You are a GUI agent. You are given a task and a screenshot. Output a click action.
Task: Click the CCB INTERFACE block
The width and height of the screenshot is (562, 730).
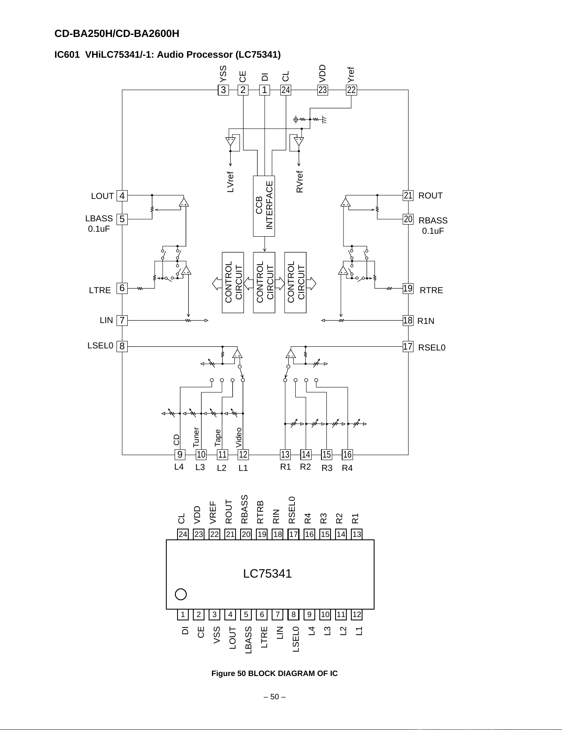tap(264, 206)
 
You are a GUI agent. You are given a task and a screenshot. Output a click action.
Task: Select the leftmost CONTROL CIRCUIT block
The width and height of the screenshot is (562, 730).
tap(233, 282)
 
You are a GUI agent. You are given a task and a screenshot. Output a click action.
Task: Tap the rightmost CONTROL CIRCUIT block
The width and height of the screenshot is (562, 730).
tap(295, 282)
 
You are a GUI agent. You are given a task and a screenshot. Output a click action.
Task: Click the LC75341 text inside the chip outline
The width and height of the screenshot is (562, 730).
tap(268, 573)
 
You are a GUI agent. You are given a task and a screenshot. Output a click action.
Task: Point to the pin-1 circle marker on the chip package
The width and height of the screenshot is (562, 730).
tap(181, 594)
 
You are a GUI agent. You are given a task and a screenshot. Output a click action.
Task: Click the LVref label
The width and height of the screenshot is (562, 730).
tap(231, 182)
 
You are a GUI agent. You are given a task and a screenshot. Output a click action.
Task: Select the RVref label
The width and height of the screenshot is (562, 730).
tap(300, 181)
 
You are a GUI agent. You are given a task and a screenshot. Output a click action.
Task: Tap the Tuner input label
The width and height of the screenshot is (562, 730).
tap(196, 437)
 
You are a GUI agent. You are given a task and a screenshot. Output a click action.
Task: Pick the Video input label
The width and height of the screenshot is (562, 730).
tap(239, 437)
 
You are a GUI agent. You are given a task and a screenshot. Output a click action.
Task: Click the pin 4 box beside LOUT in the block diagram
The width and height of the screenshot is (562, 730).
tap(122, 196)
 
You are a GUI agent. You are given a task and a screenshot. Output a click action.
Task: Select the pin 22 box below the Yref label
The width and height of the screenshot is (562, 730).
tap(351, 90)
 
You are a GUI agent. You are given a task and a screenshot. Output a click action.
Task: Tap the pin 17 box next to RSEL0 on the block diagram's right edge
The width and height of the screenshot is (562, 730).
tap(408, 346)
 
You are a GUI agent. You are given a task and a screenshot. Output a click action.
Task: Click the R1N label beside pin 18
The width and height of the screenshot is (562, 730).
tap(426, 321)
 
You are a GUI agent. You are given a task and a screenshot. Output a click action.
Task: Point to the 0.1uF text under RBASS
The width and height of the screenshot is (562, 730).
tap(433, 231)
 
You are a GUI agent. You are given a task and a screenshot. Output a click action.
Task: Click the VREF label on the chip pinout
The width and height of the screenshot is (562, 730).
tap(213, 512)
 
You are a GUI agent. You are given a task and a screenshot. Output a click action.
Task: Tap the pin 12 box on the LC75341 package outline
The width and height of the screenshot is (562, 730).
tap(357, 615)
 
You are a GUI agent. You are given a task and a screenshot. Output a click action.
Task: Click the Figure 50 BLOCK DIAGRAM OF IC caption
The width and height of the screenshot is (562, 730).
tap(275, 674)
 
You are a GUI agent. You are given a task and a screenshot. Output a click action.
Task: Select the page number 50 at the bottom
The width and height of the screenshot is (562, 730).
tap(275, 697)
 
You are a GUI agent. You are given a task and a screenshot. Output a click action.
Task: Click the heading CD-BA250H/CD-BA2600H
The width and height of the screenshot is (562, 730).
tap(117, 34)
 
